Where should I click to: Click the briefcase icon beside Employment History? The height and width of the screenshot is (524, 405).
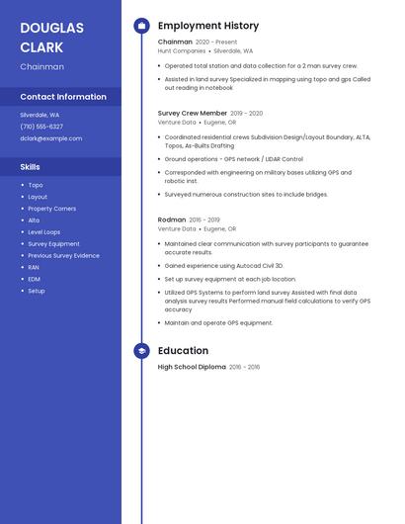142,26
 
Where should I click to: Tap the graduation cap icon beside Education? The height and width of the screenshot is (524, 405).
142,351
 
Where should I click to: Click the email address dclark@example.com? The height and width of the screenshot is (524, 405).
51,138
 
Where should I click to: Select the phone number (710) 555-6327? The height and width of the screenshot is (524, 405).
41,127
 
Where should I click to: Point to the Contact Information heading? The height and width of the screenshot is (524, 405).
63,97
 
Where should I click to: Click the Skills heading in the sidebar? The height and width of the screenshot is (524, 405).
31,167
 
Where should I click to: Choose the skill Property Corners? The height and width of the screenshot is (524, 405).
51,209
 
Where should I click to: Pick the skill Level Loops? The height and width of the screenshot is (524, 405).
44,232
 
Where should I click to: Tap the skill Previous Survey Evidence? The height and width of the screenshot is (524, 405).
63,255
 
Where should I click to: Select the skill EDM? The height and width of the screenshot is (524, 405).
35,279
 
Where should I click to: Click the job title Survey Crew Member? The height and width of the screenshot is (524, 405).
193,113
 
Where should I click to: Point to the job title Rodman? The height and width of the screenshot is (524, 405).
172,219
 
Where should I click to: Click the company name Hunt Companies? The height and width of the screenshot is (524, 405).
182,50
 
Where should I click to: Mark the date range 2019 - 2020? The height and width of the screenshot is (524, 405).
247,114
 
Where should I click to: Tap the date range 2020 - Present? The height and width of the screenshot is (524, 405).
216,43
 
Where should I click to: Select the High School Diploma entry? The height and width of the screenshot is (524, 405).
192,367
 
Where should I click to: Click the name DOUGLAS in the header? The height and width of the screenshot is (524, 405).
52,28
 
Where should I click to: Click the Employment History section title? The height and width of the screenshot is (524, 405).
208,26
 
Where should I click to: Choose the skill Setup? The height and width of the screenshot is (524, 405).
37,291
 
